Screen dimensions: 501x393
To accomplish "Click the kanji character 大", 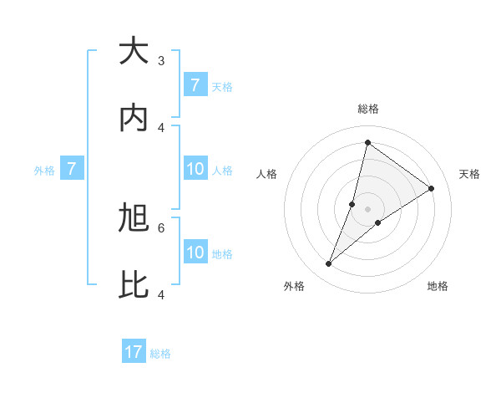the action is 134,52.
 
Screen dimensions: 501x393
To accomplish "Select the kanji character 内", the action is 134,120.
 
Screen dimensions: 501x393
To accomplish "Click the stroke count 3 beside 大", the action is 161,60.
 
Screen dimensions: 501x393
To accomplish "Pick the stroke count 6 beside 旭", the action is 161,227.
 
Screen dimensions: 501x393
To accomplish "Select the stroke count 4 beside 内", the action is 161,128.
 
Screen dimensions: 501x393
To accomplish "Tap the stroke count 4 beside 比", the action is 161,294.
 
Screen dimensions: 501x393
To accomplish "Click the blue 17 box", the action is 134,352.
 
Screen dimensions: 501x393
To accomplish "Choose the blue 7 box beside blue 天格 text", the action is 195,85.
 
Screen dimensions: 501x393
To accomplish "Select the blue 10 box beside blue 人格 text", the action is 195,170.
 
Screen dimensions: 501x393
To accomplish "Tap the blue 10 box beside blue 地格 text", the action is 195,253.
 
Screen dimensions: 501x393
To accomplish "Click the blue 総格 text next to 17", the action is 160,353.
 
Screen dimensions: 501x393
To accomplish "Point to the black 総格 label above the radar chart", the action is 368,109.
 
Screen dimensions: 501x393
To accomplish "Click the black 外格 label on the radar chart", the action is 294,286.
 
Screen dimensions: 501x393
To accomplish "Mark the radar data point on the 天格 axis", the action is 432,188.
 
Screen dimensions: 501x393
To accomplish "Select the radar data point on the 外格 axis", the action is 329,264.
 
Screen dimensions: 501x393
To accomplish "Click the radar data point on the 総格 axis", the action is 367,142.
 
